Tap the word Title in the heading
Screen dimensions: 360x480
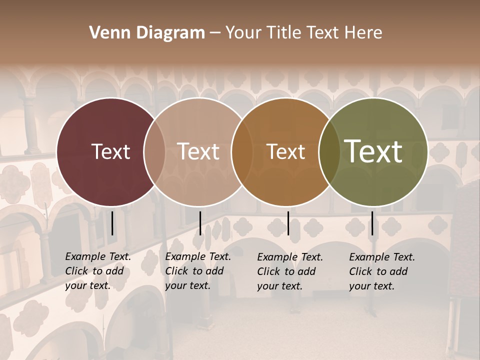283,33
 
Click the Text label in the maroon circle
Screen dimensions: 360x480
110,151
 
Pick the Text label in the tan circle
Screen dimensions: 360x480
198,151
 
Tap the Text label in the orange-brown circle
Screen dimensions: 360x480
285,151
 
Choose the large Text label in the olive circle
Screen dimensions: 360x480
373,151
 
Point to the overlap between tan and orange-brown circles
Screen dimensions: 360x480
242,152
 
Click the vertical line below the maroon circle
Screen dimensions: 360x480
112,223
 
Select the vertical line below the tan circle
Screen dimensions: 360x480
200,223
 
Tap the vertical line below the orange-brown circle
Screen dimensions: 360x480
288,223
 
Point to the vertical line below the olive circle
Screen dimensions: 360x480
372,223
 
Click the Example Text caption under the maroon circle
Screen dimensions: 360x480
97,271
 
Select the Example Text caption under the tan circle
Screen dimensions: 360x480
197,271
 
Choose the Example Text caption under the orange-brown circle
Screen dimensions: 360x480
289,271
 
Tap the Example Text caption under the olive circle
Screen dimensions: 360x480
381,271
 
